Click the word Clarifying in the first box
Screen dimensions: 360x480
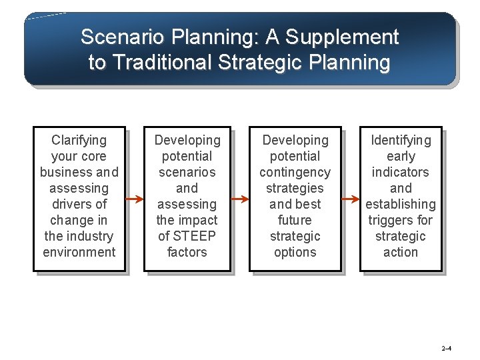[79, 140]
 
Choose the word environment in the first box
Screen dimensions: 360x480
[79, 252]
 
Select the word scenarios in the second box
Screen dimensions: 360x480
[187, 172]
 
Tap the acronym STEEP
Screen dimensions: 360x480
[194, 236]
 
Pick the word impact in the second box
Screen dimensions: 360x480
[197, 220]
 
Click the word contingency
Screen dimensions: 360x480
[295, 172]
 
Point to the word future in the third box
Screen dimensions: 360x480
[295, 220]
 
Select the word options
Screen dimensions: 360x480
[295, 252]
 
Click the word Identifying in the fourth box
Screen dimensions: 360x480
[401, 140]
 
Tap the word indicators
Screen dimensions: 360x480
[401, 172]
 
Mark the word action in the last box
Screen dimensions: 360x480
[401, 252]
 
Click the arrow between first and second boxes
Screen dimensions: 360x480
[135, 199]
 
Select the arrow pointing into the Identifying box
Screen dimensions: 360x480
[351, 199]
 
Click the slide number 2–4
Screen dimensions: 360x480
[446, 349]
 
